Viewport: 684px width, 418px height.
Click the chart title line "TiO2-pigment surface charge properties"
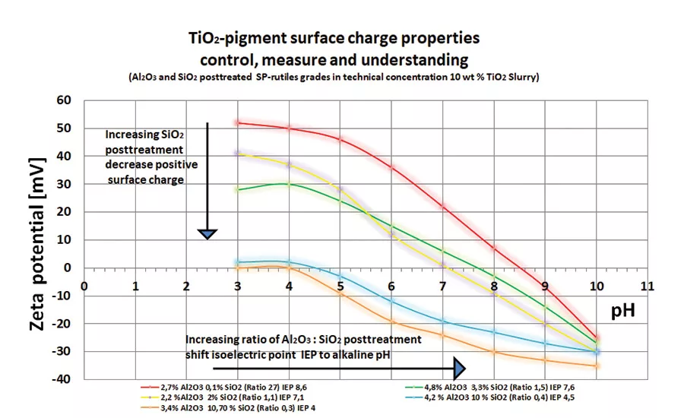[x=334, y=37]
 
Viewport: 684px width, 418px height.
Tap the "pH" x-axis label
[x=624, y=311]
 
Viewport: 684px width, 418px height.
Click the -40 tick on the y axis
[x=61, y=379]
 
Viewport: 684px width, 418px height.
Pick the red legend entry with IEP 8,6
[x=227, y=387]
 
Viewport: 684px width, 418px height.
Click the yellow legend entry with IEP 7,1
[x=220, y=397]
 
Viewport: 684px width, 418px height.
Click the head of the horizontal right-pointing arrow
[x=459, y=368]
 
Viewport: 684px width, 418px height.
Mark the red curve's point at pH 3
[x=238, y=122]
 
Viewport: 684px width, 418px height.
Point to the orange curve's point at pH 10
[x=597, y=366]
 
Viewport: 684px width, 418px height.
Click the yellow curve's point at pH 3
[x=238, y=154]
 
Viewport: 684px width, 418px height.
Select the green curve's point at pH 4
[x=289, y=184]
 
